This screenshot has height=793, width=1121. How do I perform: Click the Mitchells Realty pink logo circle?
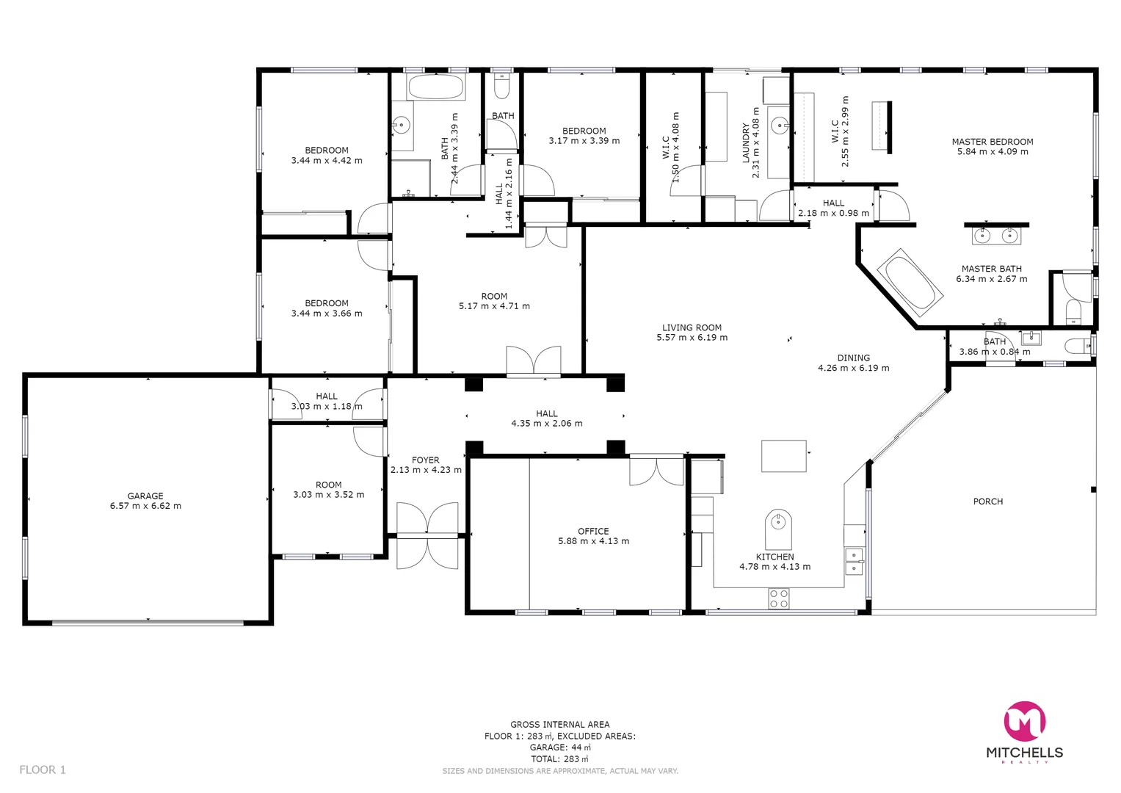1024,722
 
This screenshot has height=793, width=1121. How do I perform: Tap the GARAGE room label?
145,496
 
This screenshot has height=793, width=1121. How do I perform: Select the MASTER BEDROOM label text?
992,142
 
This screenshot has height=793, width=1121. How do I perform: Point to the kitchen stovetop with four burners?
778,598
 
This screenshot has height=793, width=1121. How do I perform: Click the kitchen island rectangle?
783,455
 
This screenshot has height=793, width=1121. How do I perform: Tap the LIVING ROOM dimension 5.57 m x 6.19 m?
692,338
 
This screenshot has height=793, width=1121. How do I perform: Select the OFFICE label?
593,531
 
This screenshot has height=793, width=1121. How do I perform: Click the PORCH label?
987,501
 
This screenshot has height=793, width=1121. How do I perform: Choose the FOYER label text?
426,460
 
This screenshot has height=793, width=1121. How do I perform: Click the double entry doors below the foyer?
427,535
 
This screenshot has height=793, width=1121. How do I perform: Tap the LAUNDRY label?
746,142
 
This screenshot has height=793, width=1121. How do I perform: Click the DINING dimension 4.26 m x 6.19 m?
853,369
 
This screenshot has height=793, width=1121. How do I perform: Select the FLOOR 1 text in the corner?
43,770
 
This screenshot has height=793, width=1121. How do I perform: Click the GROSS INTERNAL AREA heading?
559,725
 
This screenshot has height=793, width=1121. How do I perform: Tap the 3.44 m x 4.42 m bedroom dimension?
327,161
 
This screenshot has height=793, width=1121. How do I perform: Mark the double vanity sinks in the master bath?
996,236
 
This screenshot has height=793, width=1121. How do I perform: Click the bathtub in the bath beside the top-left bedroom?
436,87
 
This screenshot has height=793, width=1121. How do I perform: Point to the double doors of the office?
656,471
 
